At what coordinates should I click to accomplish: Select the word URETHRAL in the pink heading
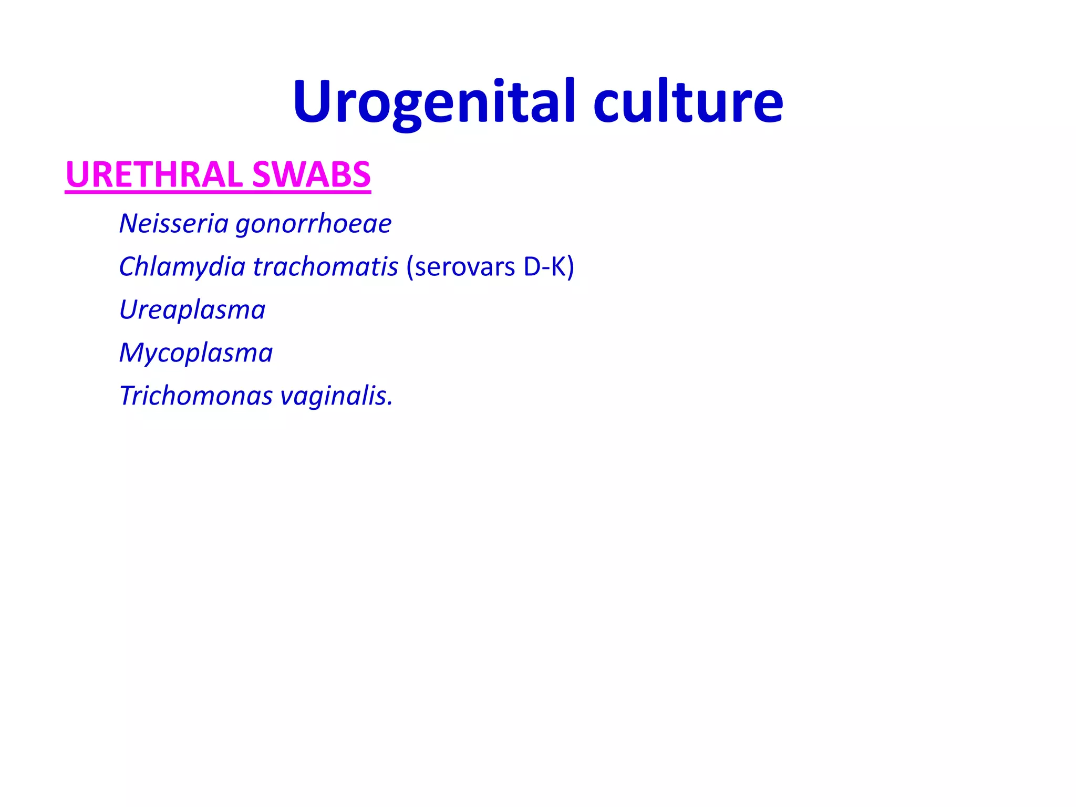154,174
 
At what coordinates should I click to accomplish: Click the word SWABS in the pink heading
312,174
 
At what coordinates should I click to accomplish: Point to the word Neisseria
174,223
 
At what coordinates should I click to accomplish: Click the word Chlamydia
182,266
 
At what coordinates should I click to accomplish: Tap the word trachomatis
326,266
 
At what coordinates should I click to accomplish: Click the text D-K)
549,266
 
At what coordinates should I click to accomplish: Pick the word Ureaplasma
192,310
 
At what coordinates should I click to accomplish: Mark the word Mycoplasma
196,353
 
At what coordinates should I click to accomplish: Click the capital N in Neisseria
129,223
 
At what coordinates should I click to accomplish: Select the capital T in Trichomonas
128,396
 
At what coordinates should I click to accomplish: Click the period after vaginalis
390,405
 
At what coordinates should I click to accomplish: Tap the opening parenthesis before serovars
410,267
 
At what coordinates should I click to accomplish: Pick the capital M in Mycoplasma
131,353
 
